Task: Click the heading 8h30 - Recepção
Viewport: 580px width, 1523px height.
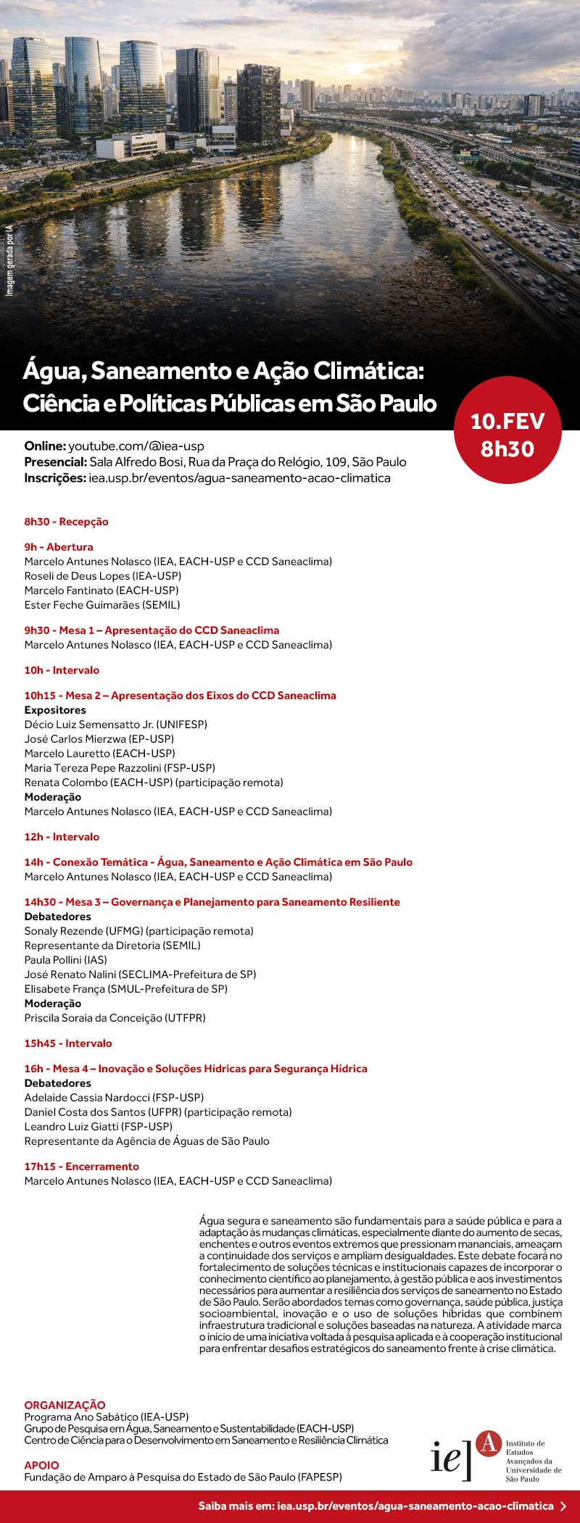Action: pos(66,522)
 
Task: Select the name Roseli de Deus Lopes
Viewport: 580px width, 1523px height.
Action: pos(103,576)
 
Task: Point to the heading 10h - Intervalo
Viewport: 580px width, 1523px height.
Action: pos(62,670)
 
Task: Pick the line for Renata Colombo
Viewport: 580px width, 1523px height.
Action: pos(154,783)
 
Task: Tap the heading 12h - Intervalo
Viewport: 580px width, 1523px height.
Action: pos(62,837)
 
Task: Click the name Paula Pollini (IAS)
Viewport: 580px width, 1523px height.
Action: pos(66,960)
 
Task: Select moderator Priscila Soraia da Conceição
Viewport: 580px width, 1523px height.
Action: pos(115,1018)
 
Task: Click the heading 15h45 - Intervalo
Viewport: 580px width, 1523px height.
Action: pos(68,1043)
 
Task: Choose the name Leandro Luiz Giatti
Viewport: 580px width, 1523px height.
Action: pos(99,1127)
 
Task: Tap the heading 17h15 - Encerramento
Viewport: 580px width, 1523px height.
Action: pos(81,1167)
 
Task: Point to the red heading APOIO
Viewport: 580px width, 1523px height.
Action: pos(42,1465)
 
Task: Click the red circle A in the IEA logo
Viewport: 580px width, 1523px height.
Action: pos(489,1443)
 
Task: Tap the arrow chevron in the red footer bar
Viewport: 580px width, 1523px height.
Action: pos(564,1506)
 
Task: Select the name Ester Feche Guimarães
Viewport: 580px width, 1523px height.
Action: pos(102,605)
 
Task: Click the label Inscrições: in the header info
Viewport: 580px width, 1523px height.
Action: pos(55,478)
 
